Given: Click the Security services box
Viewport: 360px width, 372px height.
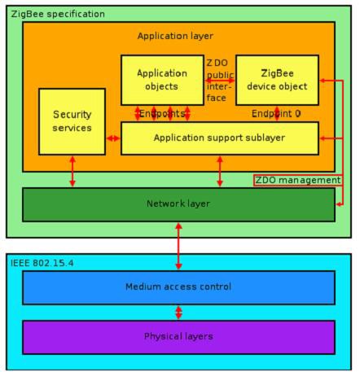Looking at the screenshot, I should pyautogui.click(x=72, y=121).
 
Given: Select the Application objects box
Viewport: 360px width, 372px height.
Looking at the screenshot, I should pyautogui.click(x=161, y=80).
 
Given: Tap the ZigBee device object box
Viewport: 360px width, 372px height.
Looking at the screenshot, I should pyautogui.click(x=276, y=80).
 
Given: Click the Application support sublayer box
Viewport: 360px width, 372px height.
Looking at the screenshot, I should pyautogui.click(x=219, y=138).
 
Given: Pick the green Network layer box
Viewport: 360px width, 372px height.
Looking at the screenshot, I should pyautogui.click(x=178, y=204).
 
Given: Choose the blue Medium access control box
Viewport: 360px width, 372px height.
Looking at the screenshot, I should pyautogui.click(x=178, y=287).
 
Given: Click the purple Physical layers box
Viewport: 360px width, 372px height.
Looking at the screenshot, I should pyautogui.click(x=178, y=336).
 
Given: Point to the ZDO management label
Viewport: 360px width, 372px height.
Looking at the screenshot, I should pyautogui.click(x=296, y=180).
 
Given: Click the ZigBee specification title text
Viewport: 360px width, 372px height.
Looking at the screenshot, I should pyautogui.click(x=57, y=14).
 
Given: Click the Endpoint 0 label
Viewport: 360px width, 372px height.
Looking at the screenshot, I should pyautogui.click(x=276, y=114).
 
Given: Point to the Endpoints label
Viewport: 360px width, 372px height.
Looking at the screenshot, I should pyautogui.click(x=162, y=114).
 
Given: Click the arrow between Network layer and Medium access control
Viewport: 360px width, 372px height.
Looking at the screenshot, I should pyautogui.click(x=178, y=245).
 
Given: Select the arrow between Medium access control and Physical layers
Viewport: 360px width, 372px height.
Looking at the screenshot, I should pyautogui.click(x=178, y=313).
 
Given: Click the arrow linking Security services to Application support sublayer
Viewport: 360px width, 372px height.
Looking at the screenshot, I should pyautogui.click(x=113, y=138).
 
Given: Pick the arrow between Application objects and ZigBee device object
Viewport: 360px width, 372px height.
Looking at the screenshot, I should pyautogui.click(x=219, y=80).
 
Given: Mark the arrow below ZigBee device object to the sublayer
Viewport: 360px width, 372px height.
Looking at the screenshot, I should pyautogui.click(x=277, y=113).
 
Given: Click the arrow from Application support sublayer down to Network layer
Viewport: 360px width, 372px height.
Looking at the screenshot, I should pyautogui.click(x=219, y=171).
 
